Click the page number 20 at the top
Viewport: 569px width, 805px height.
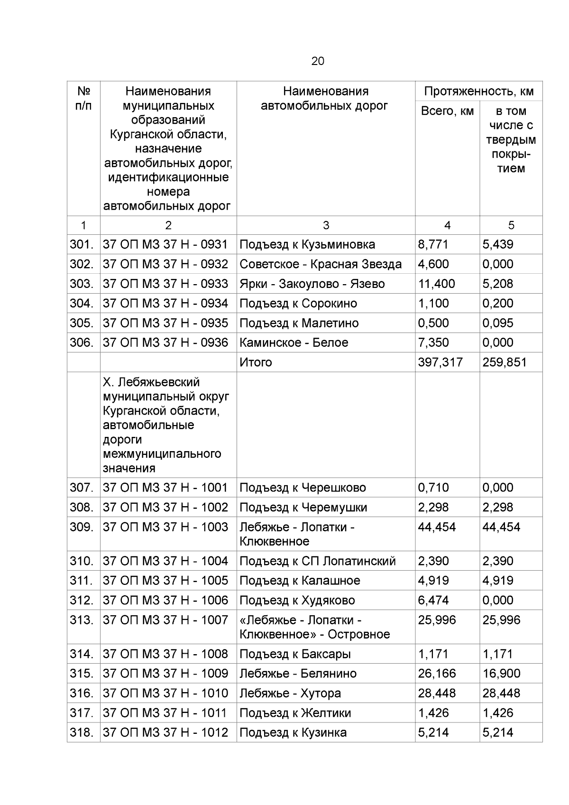(318, 61)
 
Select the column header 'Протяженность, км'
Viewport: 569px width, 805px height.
(479, 91)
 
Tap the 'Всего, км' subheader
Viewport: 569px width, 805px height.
(447, 111)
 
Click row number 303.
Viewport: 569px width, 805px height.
(82, 284)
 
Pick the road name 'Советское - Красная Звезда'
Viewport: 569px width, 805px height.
(321, 264)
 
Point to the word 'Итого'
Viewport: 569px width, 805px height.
(256, 362)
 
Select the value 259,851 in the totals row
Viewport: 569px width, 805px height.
(505, 362)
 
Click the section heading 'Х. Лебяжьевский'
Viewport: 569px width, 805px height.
(151, 382)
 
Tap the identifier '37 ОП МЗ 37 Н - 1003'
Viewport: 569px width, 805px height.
(165, 527)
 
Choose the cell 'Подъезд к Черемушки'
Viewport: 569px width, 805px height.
(303, 508)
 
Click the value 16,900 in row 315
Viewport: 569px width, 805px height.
(501, 674)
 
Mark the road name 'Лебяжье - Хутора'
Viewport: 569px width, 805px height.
(290, 694)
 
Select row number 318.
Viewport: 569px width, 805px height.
(82, 733)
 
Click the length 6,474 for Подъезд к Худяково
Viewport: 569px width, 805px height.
(433, 601)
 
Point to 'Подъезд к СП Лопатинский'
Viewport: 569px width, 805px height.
(317, 561)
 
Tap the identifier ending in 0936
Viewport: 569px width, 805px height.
(165, 342)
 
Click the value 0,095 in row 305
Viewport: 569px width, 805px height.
(498, 323)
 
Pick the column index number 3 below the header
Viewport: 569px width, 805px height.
(326, 225)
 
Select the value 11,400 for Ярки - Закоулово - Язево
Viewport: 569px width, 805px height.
(436, 284)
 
